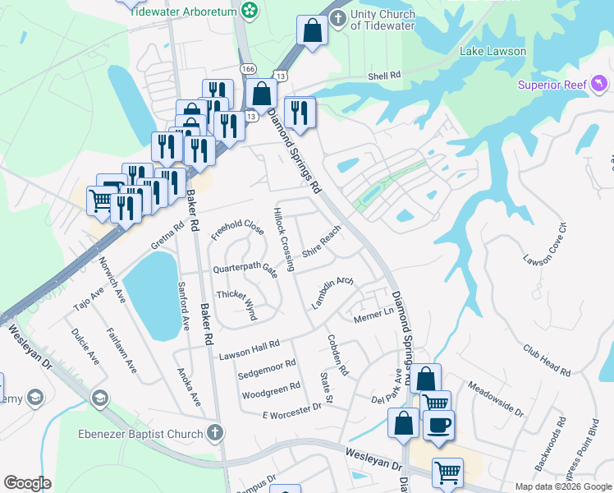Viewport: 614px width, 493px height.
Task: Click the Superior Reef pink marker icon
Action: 601,83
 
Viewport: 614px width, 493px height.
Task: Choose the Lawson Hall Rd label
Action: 250,349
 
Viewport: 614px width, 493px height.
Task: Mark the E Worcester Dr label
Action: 292,413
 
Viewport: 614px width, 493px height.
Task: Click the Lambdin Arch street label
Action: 332,293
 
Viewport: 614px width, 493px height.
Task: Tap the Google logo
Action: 27,483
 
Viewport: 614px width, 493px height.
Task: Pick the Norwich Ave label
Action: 112,279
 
